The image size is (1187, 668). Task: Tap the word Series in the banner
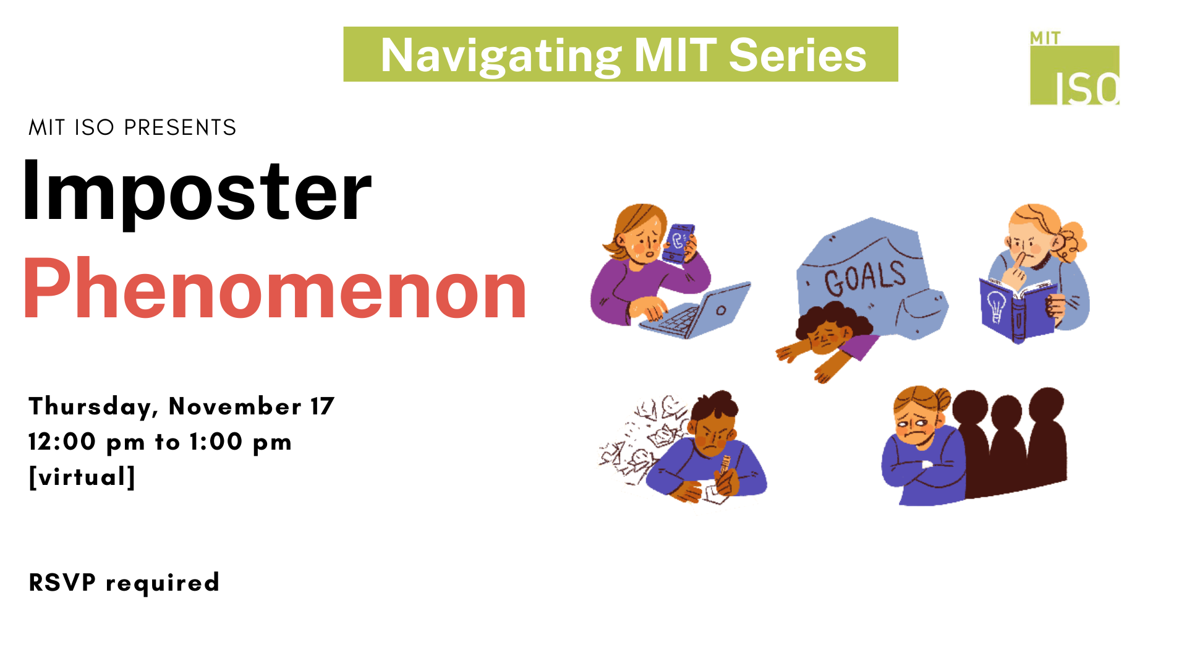798,55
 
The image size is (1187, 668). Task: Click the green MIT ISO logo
1074,68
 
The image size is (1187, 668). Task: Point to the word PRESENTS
180,127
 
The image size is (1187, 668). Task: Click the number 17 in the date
322,406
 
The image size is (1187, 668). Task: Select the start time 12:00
62,442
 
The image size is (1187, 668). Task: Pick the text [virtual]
82,477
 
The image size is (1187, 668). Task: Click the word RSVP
62,582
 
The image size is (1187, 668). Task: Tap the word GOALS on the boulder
864,278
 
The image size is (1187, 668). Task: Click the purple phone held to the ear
679,243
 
